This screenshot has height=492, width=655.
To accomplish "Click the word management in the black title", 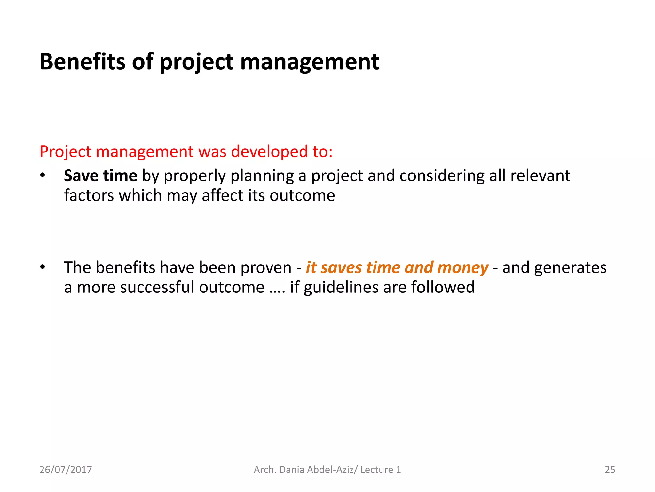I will tap(310, 62).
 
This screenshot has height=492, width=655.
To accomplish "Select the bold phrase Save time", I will tap(100, 176).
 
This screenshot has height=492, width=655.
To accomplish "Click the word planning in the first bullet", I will tap(262, 176).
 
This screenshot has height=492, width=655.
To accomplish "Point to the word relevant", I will tap(540, 176).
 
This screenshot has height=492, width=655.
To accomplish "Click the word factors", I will tap(89, 195).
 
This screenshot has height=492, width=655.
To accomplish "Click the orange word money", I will tap(462, 268).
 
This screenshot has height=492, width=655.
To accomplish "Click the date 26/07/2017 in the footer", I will tap(66, 470).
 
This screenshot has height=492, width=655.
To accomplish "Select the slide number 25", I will tap(610, 470).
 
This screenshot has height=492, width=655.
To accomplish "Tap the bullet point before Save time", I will tap(43, 176).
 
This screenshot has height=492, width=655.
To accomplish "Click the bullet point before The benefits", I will tap(43, 267).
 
